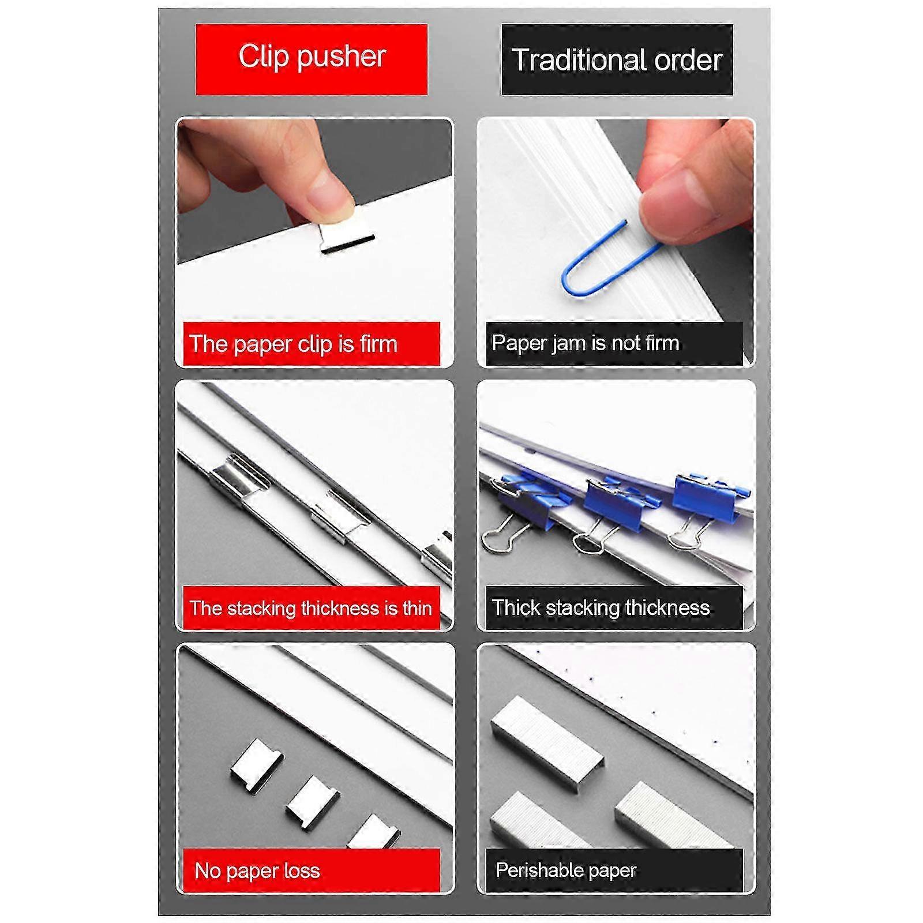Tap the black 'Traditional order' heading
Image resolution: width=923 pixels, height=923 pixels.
(617, 59)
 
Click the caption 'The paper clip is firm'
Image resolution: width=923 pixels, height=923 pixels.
(293, 344)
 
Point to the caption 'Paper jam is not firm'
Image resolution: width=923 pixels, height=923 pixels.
(585, 343)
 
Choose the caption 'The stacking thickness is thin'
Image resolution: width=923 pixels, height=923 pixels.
(310, 608)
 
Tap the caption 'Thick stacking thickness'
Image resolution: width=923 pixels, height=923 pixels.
(601, 607)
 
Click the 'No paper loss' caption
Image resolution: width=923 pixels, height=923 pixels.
(257, 871)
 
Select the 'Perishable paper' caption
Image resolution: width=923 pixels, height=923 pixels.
(566, 870)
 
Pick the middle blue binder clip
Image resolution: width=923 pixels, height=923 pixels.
(611, 508)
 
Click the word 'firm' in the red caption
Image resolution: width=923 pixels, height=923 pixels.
(378, 344)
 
